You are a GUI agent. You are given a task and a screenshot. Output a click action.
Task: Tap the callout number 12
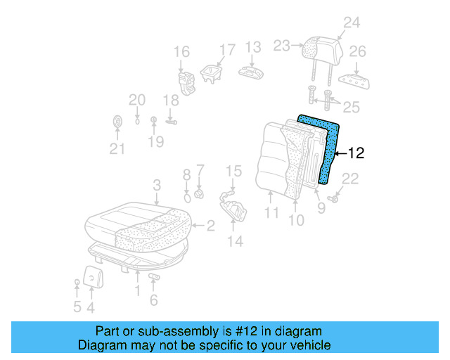(356, 153)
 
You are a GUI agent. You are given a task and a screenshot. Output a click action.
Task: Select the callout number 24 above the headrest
(351, 23)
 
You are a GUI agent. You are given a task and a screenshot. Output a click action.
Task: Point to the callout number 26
(358, 52)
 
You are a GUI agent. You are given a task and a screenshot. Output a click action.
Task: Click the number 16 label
(181, 52)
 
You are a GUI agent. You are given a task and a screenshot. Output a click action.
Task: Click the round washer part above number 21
(117, 122)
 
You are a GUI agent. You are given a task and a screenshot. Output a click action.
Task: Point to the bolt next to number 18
(171, 121)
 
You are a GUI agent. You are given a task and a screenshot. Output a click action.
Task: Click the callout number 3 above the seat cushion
(157, 184)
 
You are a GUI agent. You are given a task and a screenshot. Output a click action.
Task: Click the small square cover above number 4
(91, 276)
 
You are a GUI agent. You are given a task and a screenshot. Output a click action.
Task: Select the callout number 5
(77, 307)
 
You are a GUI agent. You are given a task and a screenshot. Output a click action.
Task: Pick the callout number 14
(235, 241)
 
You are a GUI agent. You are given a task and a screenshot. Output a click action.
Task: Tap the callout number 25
(351, 107)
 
